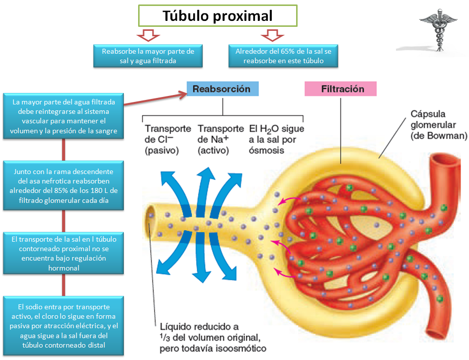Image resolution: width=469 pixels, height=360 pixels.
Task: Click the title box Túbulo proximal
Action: pos(218,16)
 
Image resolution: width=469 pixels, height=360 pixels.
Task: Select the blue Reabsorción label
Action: pos(222,89)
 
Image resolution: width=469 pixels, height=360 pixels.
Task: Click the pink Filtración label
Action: pos(342,89)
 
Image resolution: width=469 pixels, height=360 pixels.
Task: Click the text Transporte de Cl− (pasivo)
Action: pos(167,139)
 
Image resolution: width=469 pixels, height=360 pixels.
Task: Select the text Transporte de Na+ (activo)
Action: pos(220,139)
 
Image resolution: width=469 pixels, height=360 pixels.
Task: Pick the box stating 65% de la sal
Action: pos(283,56)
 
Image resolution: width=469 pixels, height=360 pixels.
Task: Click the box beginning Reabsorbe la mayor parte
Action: pos(148,56)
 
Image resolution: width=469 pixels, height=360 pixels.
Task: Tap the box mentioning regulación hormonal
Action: pos(64,253)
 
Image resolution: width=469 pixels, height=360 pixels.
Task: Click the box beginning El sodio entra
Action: pos(64,326)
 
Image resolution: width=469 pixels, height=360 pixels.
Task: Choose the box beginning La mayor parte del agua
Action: pos(64,116)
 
